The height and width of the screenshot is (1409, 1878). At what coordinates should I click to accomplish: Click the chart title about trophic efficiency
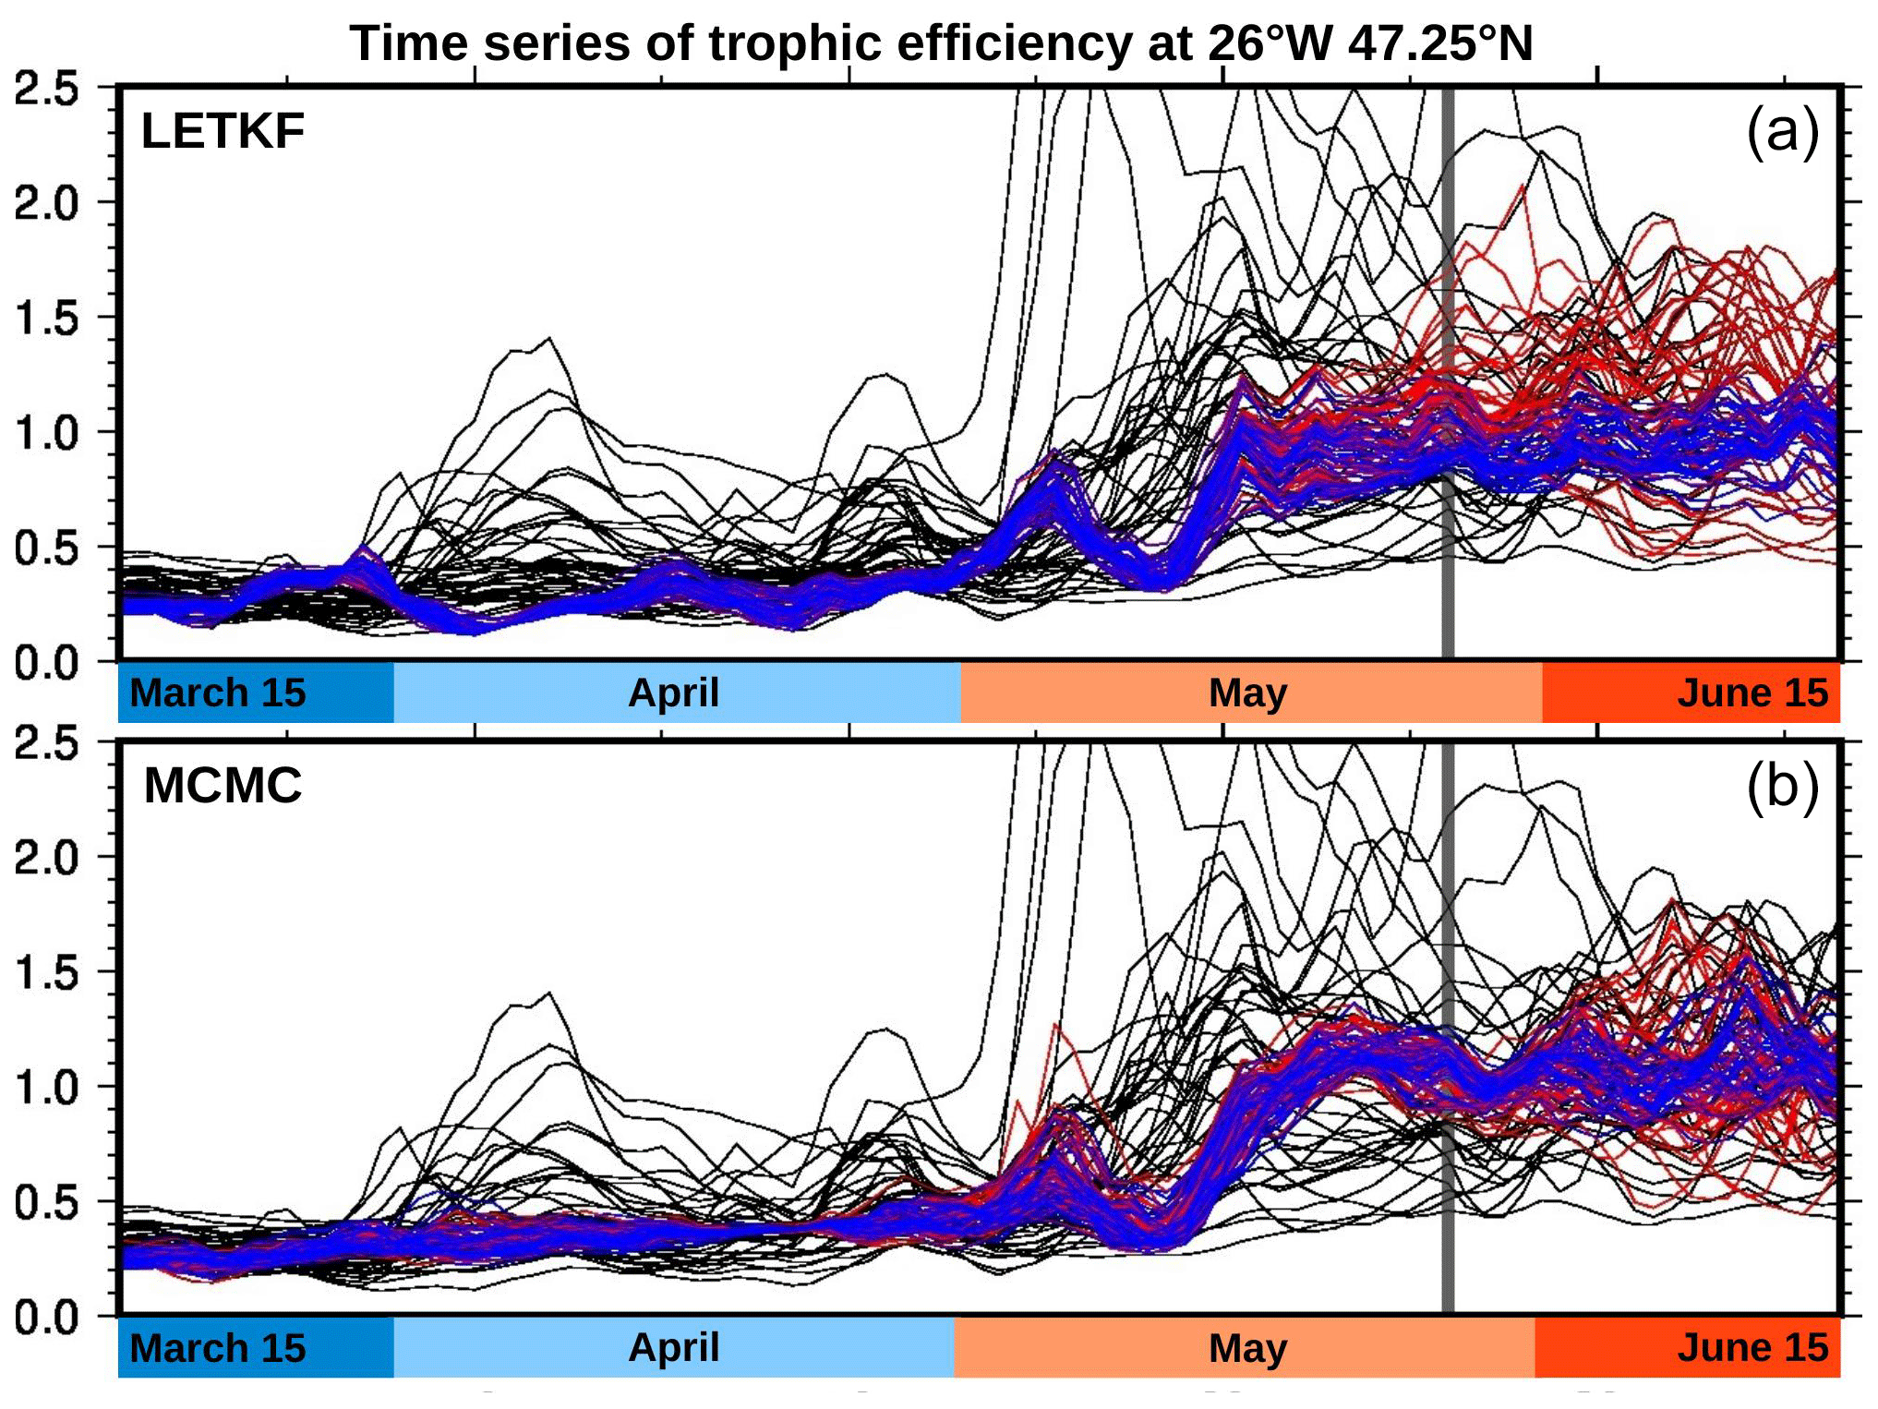[x=940, y=43]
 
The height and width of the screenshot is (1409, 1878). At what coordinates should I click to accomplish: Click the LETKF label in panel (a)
[x=223, y=131]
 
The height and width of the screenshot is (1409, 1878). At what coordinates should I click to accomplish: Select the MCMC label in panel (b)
[x=223, y=786]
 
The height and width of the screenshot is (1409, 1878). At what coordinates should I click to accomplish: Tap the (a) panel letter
[x=1782, y=131]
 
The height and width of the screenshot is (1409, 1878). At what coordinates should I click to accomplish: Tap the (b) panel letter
[x=1782, y=787]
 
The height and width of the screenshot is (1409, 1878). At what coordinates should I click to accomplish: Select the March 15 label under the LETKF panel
[x=218, y=692]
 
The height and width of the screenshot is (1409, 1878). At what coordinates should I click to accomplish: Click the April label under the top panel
[x=673, y=692]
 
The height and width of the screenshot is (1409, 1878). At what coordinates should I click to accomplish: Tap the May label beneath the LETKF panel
[x=1247, y=692]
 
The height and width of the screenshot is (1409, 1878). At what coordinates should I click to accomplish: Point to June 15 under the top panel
[x=1752, y=692]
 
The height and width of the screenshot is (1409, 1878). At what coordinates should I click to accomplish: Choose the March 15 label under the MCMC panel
[x=218, y=1348]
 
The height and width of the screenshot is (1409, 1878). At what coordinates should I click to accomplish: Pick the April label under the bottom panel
[x=673, y=1348]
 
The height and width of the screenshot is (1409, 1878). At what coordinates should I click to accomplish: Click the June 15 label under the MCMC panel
[x=1752, y=1348]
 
